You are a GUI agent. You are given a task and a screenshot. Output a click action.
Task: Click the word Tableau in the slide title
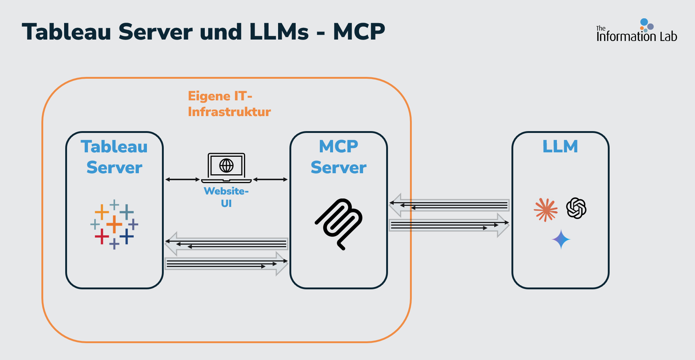(x=66, y=32)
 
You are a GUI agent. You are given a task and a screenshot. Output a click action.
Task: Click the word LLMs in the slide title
(x=279, y=32)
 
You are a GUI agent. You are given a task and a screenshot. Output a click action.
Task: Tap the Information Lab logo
(x=636, y=31)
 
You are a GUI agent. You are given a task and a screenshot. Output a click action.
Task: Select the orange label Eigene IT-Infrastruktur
(x=229, y=104)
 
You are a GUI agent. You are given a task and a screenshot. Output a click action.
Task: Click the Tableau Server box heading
(x=114, y=157)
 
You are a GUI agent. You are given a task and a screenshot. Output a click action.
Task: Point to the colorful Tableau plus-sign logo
(x=114, y=224)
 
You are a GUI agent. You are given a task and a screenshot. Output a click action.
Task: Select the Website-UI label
(x=226, y=197)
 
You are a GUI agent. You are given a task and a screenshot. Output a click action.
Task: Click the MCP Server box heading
(x=339, y=157)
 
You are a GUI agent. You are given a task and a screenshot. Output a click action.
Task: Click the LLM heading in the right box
(x=560, y=146)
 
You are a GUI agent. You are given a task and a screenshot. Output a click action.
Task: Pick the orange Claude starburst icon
(x=546, y=210)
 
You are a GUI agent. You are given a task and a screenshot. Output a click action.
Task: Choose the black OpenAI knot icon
(x=576, y=208)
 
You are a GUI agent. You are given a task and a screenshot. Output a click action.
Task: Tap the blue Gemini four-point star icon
(x=561, y=240)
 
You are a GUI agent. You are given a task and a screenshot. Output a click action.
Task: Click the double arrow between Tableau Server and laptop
(x=182, y=179)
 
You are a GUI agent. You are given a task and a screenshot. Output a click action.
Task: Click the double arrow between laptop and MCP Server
(x=270, y=179)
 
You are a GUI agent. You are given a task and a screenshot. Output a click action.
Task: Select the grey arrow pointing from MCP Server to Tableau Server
(x=226, y=244)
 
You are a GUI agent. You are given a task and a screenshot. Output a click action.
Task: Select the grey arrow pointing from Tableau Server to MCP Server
(x=226, y=264)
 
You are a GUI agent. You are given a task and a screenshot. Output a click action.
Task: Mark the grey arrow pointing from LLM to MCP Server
(x=449, y=205)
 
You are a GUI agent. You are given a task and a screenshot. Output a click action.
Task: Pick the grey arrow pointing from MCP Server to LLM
(x=449, y=225)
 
